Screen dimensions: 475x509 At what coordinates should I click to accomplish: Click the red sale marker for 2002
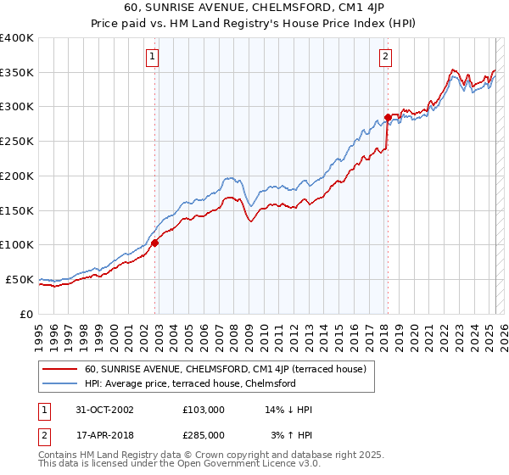[x=155, y=243]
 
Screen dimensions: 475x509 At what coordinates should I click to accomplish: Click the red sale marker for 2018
[x=388, y=117]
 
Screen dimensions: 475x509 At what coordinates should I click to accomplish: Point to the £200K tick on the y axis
[x=17, y=176]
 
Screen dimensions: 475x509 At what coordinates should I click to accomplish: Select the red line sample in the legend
[x=59, y=369]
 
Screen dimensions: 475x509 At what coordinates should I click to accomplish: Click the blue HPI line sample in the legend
[x=59, y=383]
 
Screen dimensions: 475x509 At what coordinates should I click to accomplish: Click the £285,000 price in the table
[x=204, y=434]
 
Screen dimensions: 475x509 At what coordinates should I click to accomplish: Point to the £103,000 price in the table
[x=204, y=410]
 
